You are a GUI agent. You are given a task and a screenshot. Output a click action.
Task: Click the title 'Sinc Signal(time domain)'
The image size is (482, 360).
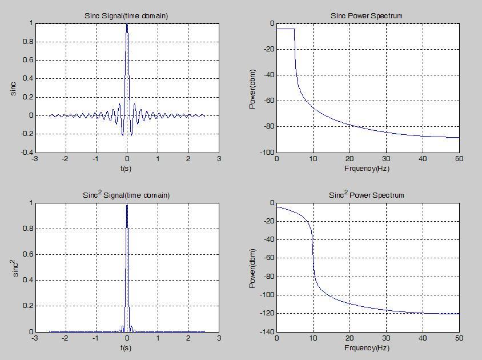click(x=127, y=16)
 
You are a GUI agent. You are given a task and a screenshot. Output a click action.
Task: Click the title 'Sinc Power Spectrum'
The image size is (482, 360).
click(x=367, y=16)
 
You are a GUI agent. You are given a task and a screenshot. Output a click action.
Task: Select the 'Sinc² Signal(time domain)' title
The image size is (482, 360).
click(x=126, y=195)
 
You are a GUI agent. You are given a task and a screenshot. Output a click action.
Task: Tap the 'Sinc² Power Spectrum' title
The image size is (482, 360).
click(x=367, y=195)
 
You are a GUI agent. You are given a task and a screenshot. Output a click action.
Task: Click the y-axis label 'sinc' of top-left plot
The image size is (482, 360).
click(x=14, y=88)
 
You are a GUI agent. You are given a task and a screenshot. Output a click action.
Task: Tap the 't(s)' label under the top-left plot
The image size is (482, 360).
click(x=127, y=169)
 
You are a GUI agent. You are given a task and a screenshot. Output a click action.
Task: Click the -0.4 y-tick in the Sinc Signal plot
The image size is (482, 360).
click(x=26, y=153)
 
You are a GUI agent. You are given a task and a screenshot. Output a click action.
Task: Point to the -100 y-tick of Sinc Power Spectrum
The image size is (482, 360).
click(x=266, y=153)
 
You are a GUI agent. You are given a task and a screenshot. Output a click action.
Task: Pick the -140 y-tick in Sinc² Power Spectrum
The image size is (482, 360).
click(x=266, y=332)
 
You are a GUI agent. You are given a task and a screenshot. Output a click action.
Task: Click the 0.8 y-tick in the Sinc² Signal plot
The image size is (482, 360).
click(x=28, y=229)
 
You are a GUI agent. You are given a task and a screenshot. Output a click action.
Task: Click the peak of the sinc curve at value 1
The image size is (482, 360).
click(x=127, y=24)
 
